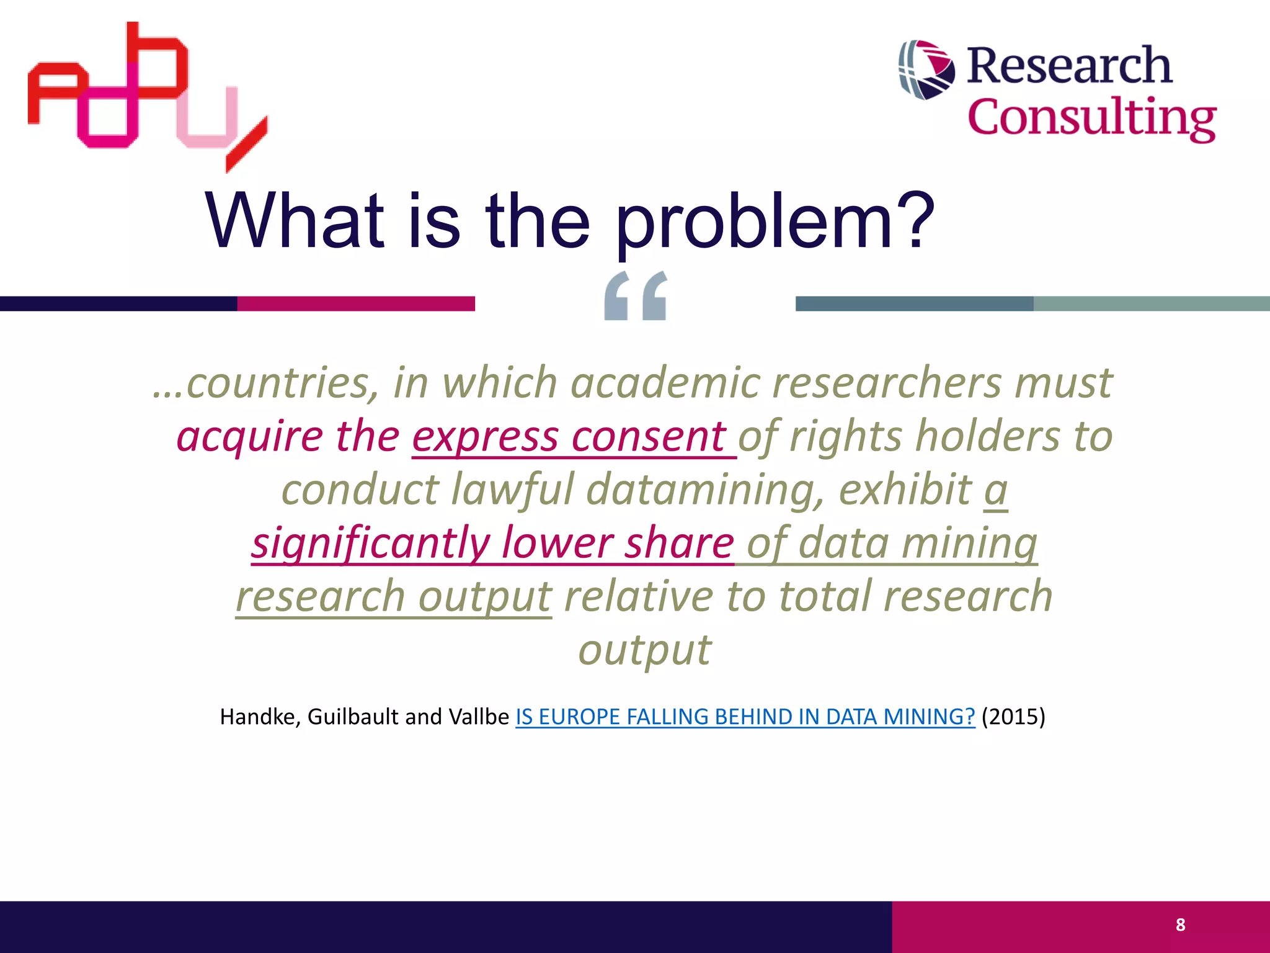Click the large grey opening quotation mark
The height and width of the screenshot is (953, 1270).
click(x=636, y=296)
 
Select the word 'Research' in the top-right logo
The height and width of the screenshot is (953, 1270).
click(x=1069, y=65)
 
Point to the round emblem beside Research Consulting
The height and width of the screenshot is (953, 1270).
click(x=926, y=69)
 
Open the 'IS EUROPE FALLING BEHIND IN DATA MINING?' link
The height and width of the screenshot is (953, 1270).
click(x=745, y=717)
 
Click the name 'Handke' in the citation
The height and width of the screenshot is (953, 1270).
click(x=260, y=717)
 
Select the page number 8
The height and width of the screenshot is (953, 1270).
click(x=1180, y=925)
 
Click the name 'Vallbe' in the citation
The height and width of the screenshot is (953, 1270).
click(x=478, y=717)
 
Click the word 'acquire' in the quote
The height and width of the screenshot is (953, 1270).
click(x=249, y=436)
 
